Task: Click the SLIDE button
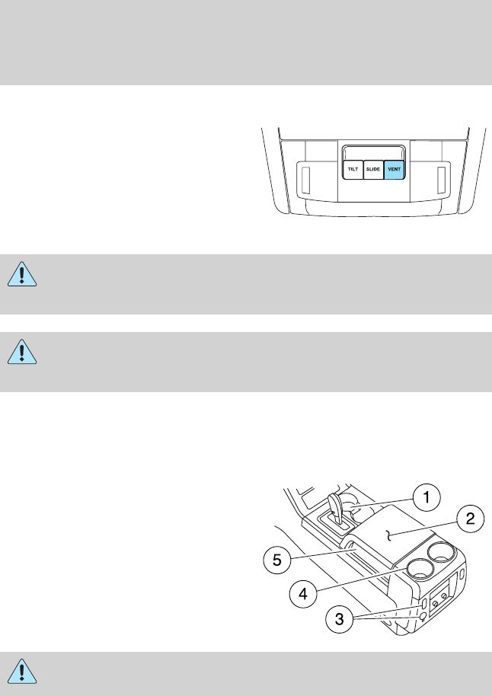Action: pos(372,169)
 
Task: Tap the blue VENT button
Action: pos(393,169)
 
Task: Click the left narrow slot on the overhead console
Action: pos(305,180)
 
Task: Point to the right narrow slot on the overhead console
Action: pos(440,180)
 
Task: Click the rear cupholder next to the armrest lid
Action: pos(439,550)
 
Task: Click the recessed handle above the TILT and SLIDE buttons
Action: pos(372,152)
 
